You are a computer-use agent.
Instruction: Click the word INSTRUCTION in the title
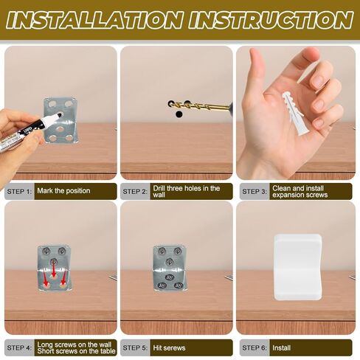point(269,20)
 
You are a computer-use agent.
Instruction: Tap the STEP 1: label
point(19,191)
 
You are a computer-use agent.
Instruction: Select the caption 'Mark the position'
point(63,191)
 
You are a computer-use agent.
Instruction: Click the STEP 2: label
point(135,191)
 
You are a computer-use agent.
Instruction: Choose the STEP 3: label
point(251,191)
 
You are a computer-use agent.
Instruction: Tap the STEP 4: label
point(19,347)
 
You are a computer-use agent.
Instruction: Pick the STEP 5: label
point(135,347)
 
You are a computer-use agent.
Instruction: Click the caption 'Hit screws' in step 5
point(170,347)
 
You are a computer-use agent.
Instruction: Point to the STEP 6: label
point(251,347)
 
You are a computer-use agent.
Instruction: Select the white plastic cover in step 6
point(297,266)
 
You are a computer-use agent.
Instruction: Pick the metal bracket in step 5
point(170,268)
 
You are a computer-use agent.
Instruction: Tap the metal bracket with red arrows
point(54,268)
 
